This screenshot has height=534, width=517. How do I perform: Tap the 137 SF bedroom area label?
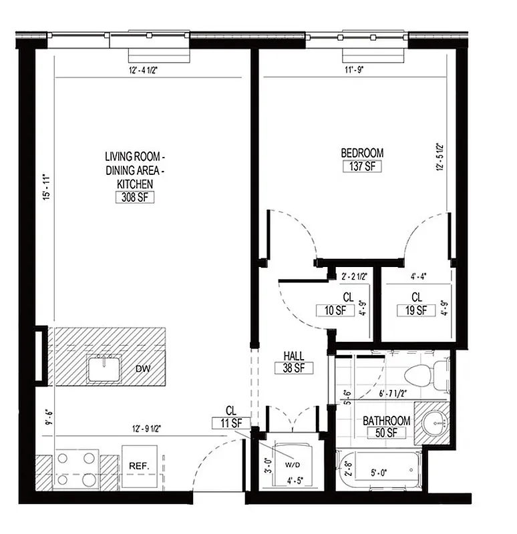tap(362, 166)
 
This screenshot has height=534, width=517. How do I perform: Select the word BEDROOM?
tap(362, 153)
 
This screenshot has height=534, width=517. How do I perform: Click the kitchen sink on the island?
tap(104, 368)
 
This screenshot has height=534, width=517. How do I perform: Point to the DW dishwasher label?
tap(142, 368)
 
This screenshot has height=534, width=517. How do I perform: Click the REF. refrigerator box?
tap(139, 467)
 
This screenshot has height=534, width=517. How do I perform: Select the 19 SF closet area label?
tap(416, 310)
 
